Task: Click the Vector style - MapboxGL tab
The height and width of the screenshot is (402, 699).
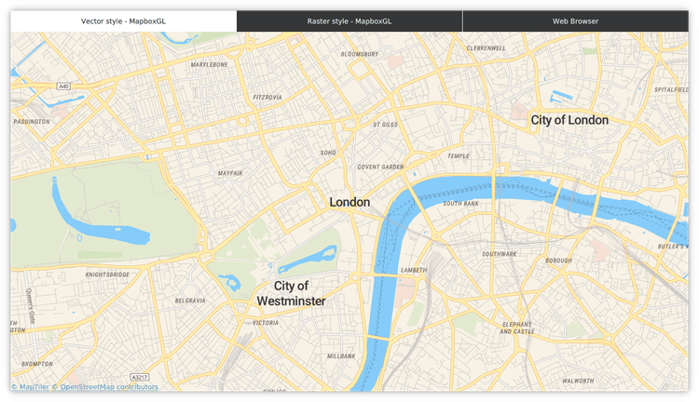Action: pyautogui.click(x=123, y=20)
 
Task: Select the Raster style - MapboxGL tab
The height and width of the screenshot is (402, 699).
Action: pyautogui.click(x=349, y=20)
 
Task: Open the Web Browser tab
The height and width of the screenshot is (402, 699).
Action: pyautogui.click(x=575, y=20)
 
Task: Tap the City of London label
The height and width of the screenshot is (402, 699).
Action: pyautogui.click(x=569, y=120)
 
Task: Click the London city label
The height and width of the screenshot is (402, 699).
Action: pyautogui.click(x=349, y=202)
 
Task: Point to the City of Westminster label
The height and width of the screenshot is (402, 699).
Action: pyautogui.click(x=292, y=293)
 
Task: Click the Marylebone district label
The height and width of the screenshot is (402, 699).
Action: pyautogui.click(x=209, y=65)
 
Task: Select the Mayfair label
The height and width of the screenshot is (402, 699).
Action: pyautogui.click(x=230, y=173)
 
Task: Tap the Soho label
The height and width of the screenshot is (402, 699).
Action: pyautogui.click(x=328, y=152)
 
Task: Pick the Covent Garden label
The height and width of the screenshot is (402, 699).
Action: pyautogui.click(x=380, y=167)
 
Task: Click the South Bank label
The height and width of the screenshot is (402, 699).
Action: pyautogui.click(x=460, y=203)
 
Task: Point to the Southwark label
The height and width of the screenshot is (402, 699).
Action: pyautogui.click(x=500, y=254)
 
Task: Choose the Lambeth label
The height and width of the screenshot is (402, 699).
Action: pyautogui.click(x=413, y=270)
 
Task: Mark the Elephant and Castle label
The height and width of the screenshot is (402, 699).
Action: pyautogui.click(x=517, y=328)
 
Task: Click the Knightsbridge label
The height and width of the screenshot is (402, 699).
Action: pyautogui.click(x=107, y=275)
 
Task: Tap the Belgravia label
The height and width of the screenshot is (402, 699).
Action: pyautogui.click(x=190, y=301)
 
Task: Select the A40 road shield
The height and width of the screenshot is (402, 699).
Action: pyautogui.click(x=63, y=86)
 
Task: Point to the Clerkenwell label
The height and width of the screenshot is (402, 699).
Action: pyautogui.click(x=487, y=47)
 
